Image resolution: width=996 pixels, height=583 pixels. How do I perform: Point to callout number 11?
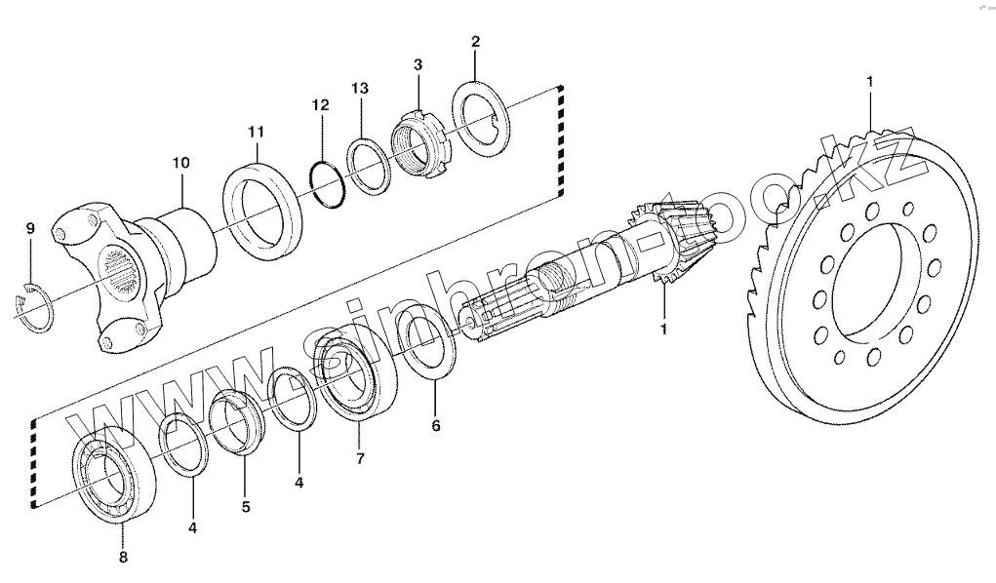[x=256, y=131]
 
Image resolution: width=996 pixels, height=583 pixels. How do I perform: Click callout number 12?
[x=321, y=104]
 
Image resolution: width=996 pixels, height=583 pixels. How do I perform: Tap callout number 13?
[x=360, y=88]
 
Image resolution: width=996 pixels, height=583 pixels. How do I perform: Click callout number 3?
[x=418, y=64]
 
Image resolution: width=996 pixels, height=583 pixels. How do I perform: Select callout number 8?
[x=123, y=558]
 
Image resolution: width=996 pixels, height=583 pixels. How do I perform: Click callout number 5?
[x=246, y=506]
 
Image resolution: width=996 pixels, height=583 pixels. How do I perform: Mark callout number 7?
[x=360, y=457]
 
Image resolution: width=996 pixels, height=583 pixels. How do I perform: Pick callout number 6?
[x=436, y=425]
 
